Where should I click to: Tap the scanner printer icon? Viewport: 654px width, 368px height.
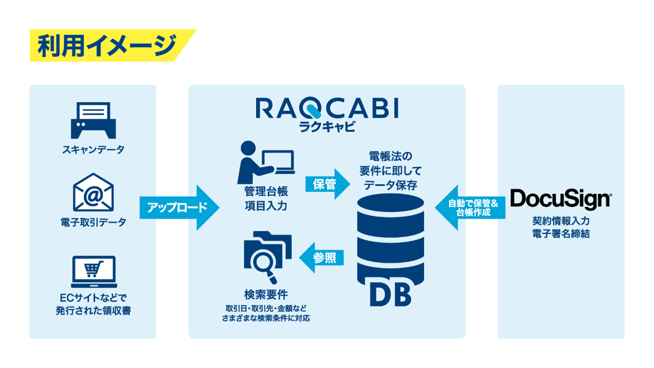pos(93,120)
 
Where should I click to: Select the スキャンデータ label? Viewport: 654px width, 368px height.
pos(93,150)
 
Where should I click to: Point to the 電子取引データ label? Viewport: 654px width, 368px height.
pos(93,222)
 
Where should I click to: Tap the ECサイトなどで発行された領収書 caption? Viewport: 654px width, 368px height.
pos(93,304)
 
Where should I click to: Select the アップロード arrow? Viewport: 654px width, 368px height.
pos(179,207)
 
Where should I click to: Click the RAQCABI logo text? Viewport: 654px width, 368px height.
pos(327,108)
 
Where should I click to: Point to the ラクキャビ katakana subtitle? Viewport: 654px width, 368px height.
pos(327,126)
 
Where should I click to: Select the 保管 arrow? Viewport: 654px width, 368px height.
pos(327,184)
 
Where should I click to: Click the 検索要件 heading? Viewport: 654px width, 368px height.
pos(266,295)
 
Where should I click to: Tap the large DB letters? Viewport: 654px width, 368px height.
pos(390,294)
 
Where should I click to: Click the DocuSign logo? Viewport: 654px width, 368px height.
pos(560,199)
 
